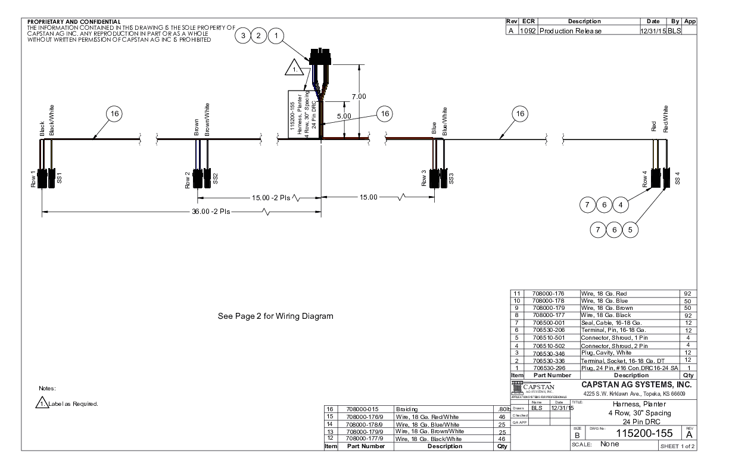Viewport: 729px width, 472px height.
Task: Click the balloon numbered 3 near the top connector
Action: [x=242, y=36]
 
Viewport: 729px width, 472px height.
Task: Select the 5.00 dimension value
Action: [x=344, y=116]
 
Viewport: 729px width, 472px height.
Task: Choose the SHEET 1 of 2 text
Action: [x=675, y=446]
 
